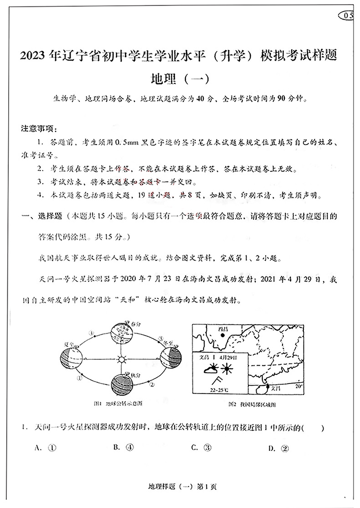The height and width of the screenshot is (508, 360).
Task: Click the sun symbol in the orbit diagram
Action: point(121,359)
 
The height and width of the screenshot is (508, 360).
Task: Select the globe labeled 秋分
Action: point(121,384)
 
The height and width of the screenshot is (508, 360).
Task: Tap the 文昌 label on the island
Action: point(275,389)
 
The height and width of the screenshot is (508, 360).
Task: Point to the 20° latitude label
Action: point(298,386)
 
